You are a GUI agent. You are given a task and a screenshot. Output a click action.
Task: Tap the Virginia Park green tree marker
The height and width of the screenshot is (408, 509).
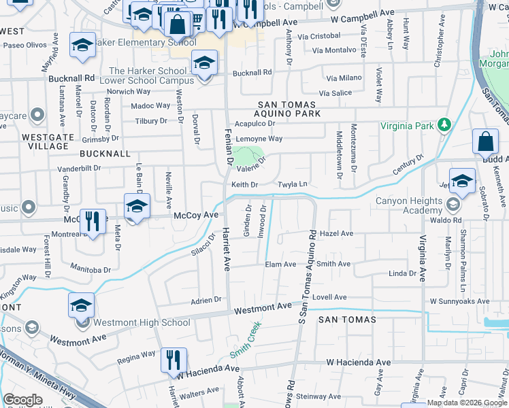click(444, 125)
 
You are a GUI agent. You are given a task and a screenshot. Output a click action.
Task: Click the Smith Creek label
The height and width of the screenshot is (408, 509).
click(245, 339)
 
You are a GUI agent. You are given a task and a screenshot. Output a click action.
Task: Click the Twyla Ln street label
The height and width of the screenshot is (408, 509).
click(293, 184)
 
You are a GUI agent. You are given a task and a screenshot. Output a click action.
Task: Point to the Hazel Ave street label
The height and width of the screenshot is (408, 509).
click(336, 233)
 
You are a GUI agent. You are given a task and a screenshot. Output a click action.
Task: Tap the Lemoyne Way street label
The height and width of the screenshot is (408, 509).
click(259, 139)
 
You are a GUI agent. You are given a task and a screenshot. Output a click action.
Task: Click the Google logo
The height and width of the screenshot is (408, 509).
click(23, 399)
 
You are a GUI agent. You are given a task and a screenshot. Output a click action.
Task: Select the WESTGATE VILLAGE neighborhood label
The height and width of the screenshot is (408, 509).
click(46, 141)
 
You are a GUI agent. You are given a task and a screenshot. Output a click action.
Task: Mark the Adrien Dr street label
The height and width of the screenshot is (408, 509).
click(206, 299)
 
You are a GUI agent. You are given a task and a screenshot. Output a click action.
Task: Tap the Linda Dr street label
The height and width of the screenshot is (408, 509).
click(401, 273)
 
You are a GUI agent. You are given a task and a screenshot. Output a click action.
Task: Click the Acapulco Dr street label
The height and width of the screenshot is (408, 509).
click(255, 124)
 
